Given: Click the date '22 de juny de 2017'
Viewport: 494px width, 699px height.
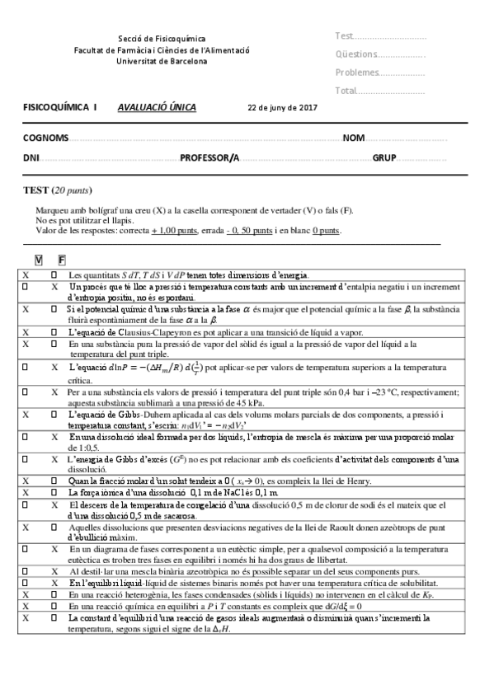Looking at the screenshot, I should point(282,108).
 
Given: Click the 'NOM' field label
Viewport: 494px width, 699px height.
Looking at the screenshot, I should point(354,138).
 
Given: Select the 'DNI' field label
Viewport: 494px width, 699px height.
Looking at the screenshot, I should point(31,157).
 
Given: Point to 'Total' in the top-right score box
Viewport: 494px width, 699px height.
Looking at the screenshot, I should point(346,91).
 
